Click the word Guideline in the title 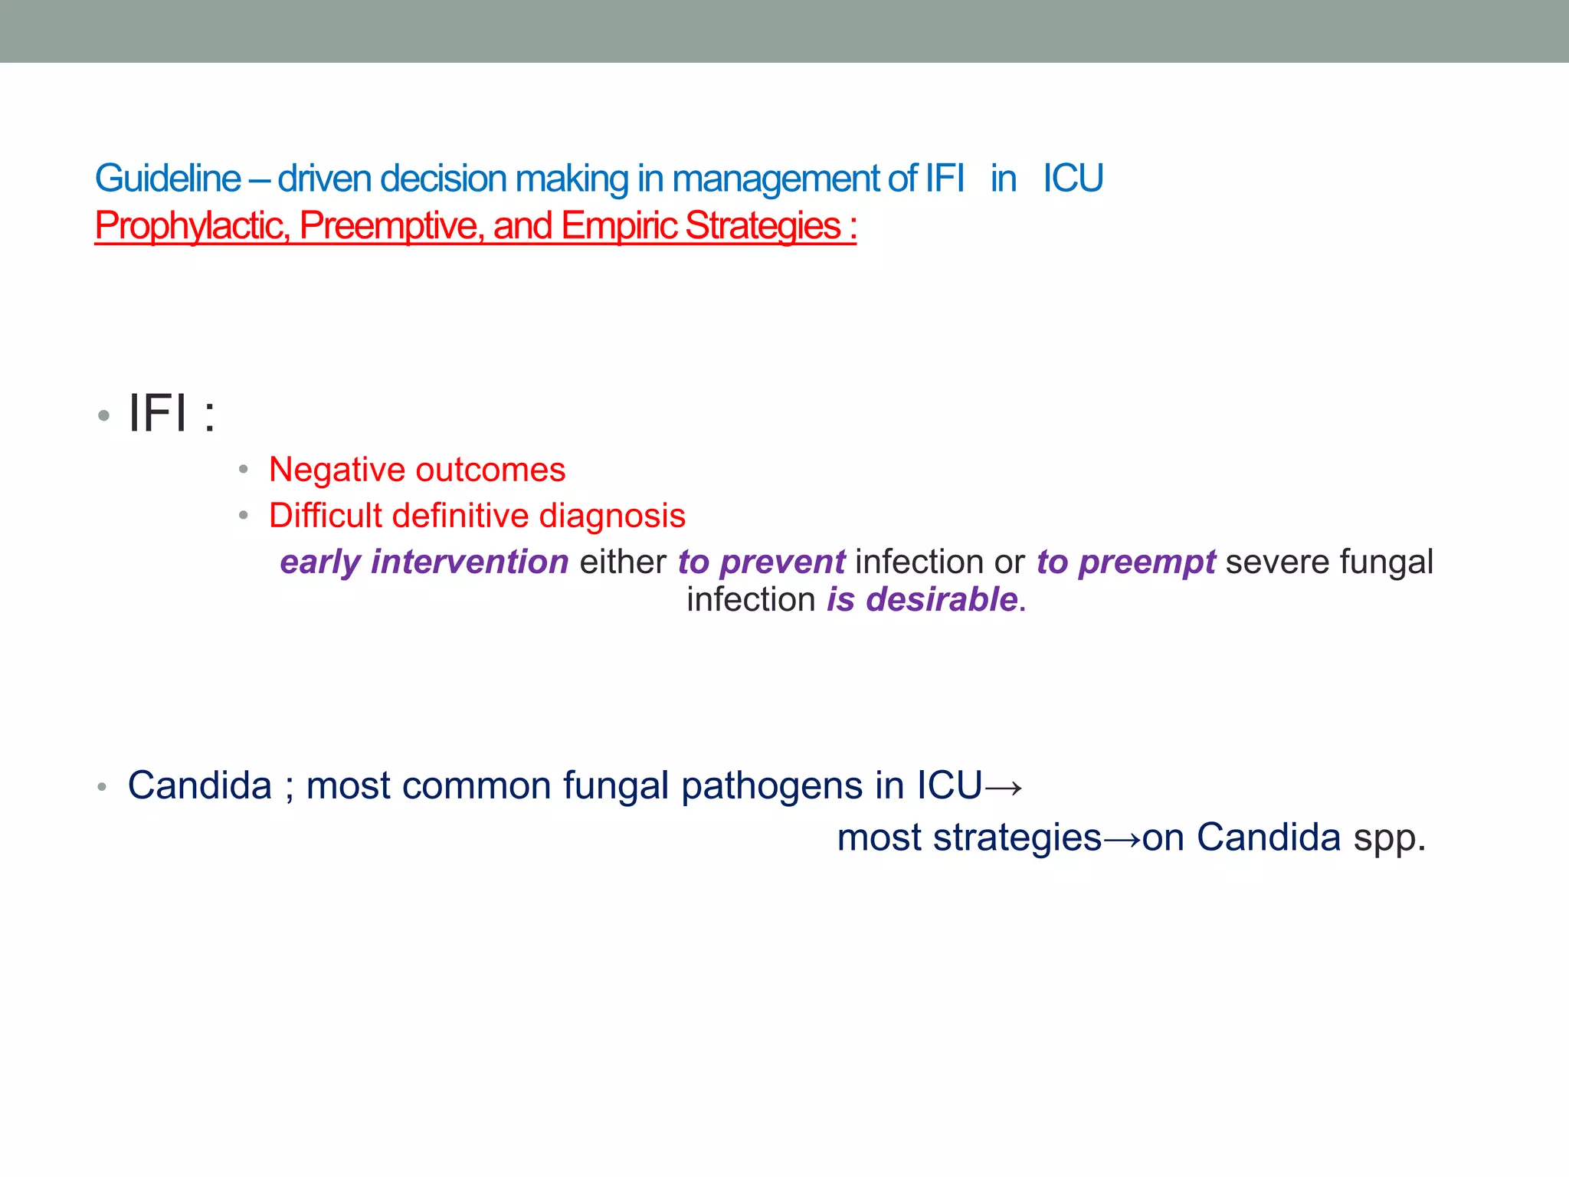[x=168, y=179]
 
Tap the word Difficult [x=325, y=516]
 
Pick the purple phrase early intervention [x=424, y=562]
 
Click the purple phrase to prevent [x=761, y=562]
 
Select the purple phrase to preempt [x=1125, y=562]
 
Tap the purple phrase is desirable [x=922, y=599]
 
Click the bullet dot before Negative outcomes [x=243, y=469]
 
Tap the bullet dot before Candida [x=102, y=787]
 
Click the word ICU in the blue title [x=1073, y=179]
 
